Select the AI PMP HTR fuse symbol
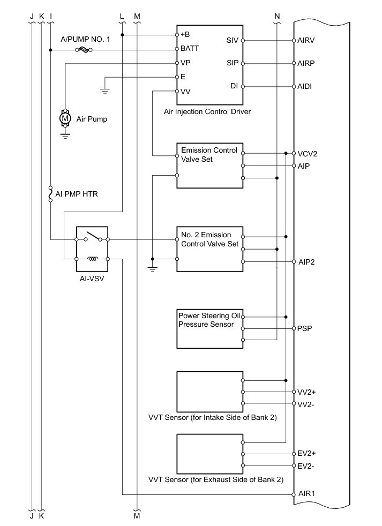51,194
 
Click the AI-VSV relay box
93,249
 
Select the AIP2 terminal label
307,262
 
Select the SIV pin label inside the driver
233,40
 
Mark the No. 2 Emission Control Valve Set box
210,249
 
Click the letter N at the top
276,16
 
